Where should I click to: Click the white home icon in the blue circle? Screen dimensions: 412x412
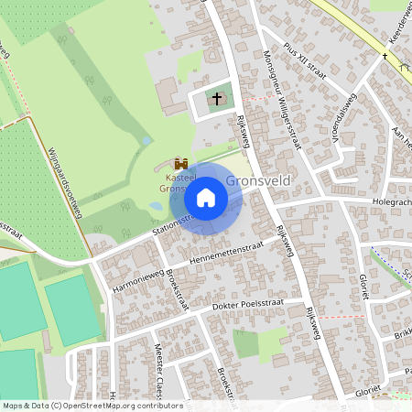click(x=206, y=198)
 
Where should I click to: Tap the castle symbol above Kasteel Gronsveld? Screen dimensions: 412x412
click(x=179, y=163)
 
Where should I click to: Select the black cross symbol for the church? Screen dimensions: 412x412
click(x=217, y=97)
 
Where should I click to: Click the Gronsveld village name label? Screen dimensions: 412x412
click(x=258, y=180)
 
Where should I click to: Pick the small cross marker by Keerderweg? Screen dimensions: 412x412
click(x=385, y=57)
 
